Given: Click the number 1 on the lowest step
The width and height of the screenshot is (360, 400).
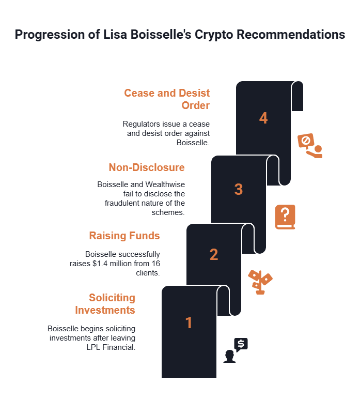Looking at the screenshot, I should pos(189,323).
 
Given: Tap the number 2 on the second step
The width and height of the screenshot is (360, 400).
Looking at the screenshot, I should pos(213,255).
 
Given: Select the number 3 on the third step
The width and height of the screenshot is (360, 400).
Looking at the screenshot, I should pos(238,189).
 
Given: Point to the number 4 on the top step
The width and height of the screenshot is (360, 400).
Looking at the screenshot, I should pos(263,118).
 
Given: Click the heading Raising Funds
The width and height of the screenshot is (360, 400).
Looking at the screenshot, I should pos(124,236).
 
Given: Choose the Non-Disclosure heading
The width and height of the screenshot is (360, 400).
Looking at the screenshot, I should pos(147,167).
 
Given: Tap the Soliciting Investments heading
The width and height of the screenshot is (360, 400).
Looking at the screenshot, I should pos(105,304).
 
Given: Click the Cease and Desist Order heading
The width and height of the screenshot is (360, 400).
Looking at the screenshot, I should pos(167,99).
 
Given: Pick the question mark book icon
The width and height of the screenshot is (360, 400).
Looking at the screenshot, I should pos(285,217).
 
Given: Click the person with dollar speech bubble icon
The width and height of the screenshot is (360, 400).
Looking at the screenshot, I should pos(236,350).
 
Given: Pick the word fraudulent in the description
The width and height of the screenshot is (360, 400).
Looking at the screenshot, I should pos(128,203).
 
